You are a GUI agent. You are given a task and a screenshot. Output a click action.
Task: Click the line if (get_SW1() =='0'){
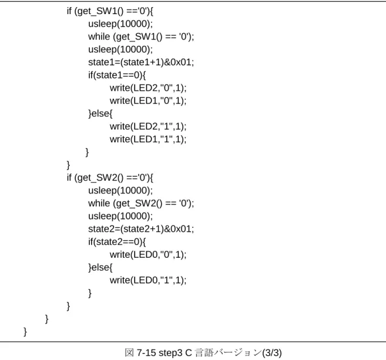[x=110, y=11]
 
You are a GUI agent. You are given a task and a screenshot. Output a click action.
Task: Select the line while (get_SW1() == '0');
[x=141, y=37]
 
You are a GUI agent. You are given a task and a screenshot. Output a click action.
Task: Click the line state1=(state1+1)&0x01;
[x=141, y=62]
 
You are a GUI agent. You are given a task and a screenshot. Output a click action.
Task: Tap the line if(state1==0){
[x=117, y=75]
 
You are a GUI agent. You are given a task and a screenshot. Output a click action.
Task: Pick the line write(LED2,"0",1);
[x=148, y=88]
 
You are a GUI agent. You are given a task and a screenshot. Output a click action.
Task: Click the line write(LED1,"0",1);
[x=148, y=100]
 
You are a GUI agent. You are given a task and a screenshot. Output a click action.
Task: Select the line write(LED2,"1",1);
[x=148, y=126]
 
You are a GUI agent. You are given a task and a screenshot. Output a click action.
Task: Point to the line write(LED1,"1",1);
[x=148, y=139]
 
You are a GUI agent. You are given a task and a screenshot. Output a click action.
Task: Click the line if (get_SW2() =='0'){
[x=110, y=178]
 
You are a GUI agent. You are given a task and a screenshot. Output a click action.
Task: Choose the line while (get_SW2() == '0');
[x=141, y=204]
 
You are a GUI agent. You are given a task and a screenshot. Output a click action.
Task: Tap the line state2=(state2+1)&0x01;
[x=141, y=229]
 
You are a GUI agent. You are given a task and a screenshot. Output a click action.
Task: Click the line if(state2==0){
[x=117, y=242]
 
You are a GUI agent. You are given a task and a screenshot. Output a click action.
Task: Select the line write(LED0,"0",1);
[x=148, y=255]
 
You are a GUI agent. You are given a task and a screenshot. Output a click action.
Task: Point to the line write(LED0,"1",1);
[x=148, y=280]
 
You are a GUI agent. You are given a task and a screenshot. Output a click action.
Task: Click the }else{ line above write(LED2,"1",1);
[x=100, y=114]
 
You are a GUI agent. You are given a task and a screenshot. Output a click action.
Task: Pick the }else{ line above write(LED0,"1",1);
[x=100, y=267]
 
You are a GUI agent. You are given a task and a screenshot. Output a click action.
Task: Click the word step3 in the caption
[x=170, y=353]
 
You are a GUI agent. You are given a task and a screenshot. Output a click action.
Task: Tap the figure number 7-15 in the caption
[x=146, y=353]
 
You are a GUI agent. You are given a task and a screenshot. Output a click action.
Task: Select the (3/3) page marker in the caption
[x=272, y=353]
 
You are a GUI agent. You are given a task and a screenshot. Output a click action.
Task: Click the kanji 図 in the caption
[x=129, y=352]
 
